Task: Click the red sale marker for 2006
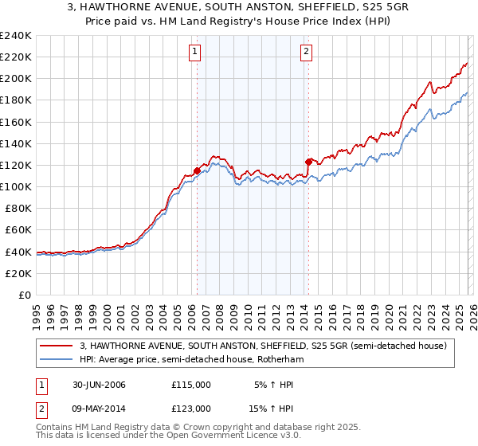coord(197,170)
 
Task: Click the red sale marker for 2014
coord(308,162)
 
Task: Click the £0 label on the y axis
coord(23,295)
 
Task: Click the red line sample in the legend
coord(57,346)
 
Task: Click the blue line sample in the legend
coord(57,360)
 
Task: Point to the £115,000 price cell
coord(191,385)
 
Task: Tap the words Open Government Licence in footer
coord(232,436)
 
